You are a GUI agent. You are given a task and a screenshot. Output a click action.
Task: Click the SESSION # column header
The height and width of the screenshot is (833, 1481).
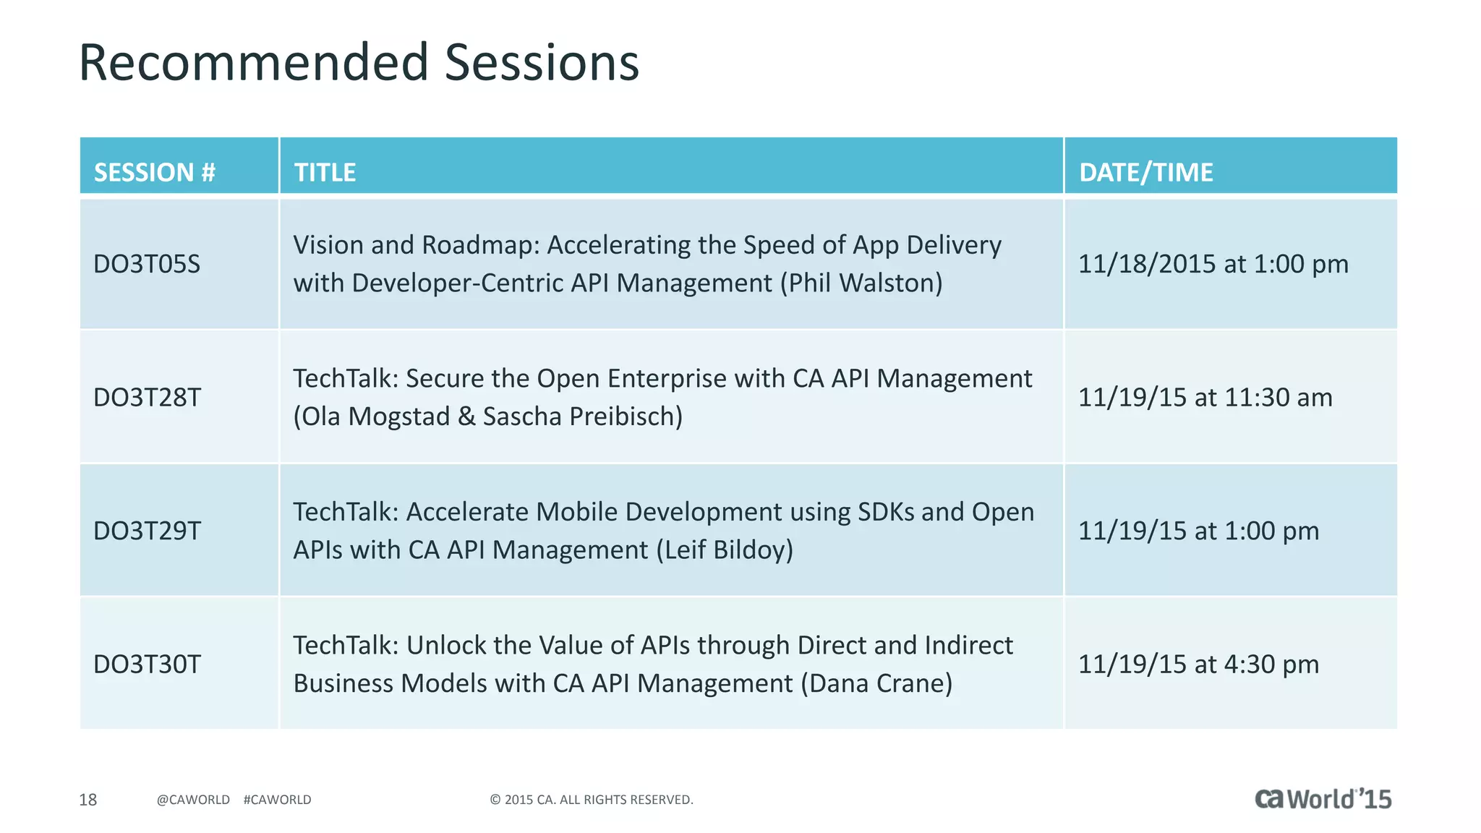tap(155, 172)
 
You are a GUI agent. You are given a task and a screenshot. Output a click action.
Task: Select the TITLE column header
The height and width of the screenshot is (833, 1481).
tap(325, 172)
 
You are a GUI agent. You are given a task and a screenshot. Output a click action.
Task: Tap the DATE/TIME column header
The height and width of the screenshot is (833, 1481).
tap(1145, 172)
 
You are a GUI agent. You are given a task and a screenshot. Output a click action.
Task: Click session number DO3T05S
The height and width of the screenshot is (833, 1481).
tap(147, 264)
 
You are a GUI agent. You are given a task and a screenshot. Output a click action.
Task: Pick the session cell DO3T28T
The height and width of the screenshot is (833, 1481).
tap(147, 398)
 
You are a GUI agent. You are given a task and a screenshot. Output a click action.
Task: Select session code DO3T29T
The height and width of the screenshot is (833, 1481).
tap(147, 531)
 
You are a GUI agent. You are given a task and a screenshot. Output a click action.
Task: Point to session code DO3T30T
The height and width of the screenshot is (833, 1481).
tap(147, 665)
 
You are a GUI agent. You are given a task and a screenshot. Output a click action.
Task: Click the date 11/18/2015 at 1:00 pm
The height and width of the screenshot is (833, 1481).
tap(1213, 264)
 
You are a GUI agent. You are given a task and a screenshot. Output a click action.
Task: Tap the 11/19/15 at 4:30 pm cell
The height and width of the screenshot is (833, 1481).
tap(1198, 665)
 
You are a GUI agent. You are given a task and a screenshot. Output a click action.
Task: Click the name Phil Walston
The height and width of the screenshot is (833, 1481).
tap(861, 283)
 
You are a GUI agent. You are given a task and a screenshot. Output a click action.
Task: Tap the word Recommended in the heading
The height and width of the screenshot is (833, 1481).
tap(254, 62)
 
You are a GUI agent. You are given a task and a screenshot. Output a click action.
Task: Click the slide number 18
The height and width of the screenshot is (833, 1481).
tap(88, 800)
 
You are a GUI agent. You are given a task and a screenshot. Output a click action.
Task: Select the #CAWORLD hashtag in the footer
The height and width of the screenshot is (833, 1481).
tap(277, 800)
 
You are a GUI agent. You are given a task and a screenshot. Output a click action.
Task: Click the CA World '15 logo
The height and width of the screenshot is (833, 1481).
tap(1322, 799)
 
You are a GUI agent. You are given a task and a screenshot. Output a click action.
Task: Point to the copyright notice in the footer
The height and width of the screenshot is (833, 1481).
tap(591, 800)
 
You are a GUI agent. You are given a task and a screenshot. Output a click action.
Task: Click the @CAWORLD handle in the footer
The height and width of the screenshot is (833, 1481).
tap(193, 800)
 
